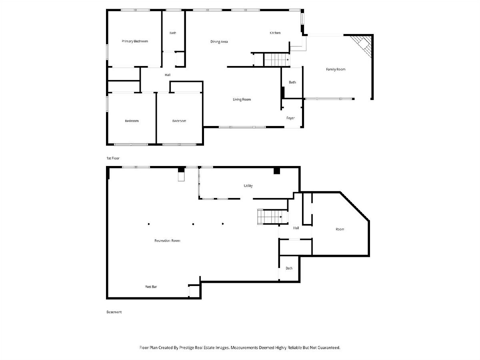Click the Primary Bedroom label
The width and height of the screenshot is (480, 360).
point(135,41)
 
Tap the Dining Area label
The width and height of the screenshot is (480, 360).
point(219,42)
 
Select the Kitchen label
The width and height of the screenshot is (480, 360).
point(275,33)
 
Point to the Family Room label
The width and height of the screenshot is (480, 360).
point(336,69)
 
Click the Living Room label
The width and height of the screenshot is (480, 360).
point(242,100)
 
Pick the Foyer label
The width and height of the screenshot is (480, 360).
point(291,118)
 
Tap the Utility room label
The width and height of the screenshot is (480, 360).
point(248,186)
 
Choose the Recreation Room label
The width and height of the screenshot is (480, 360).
point(167,241)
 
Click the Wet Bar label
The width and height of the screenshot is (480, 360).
point(151,287)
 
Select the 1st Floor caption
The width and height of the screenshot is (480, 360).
point(113,158)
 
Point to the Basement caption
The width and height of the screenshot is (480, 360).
point(114,312)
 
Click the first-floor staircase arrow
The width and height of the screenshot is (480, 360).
point(288,60)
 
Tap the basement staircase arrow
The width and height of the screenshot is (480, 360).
point(281,217)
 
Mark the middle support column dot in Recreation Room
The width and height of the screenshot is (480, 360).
point(193,224)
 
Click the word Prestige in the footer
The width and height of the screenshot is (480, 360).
point(186,348)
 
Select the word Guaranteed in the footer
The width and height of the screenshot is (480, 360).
point(329,348)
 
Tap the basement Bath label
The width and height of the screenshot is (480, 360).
point(289,268)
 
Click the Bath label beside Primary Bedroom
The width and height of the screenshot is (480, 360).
point(173,33)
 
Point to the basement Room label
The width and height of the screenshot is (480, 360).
point(340,229)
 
